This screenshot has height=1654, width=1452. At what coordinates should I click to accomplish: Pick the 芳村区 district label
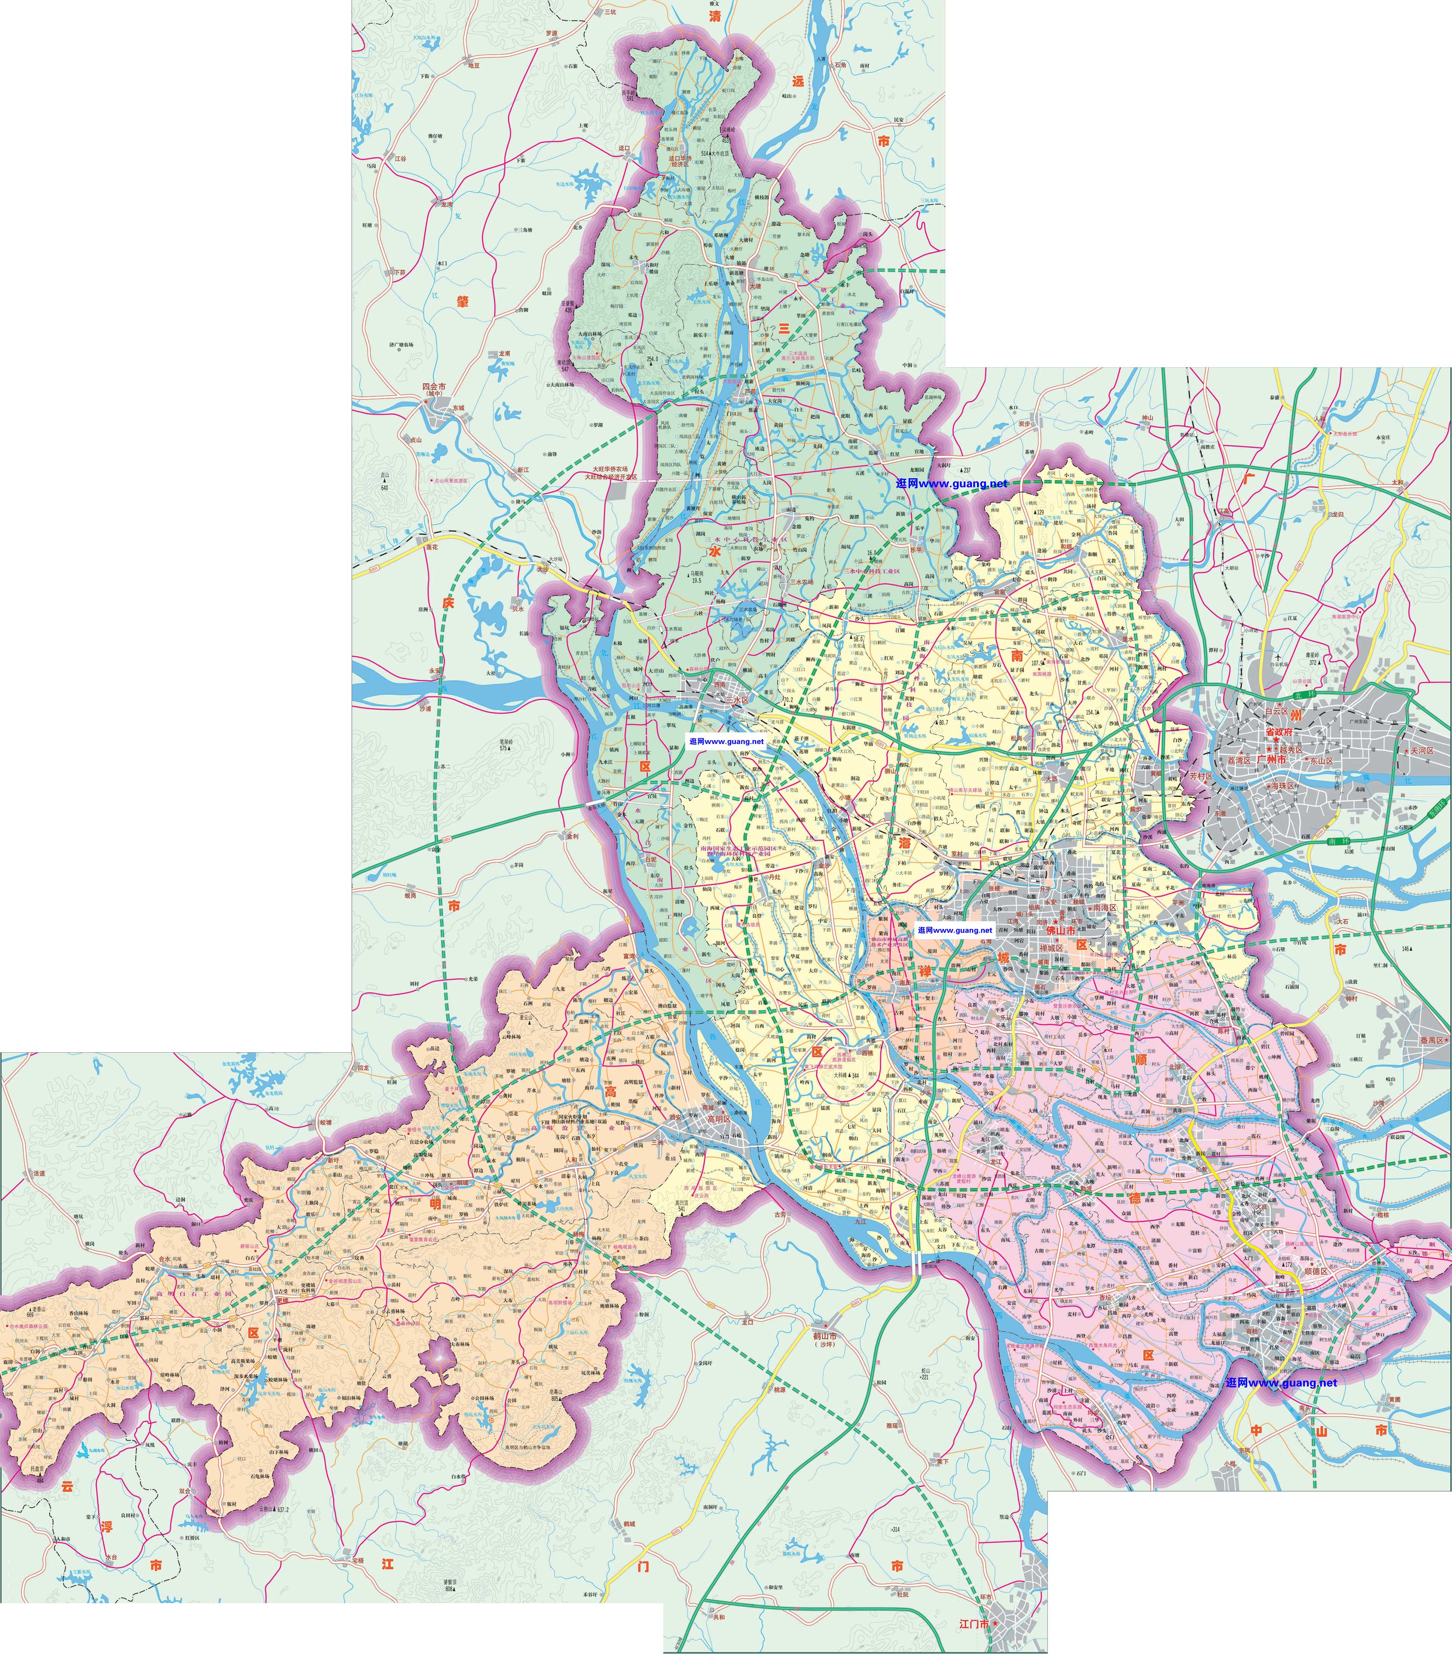tap(1201, 776)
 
